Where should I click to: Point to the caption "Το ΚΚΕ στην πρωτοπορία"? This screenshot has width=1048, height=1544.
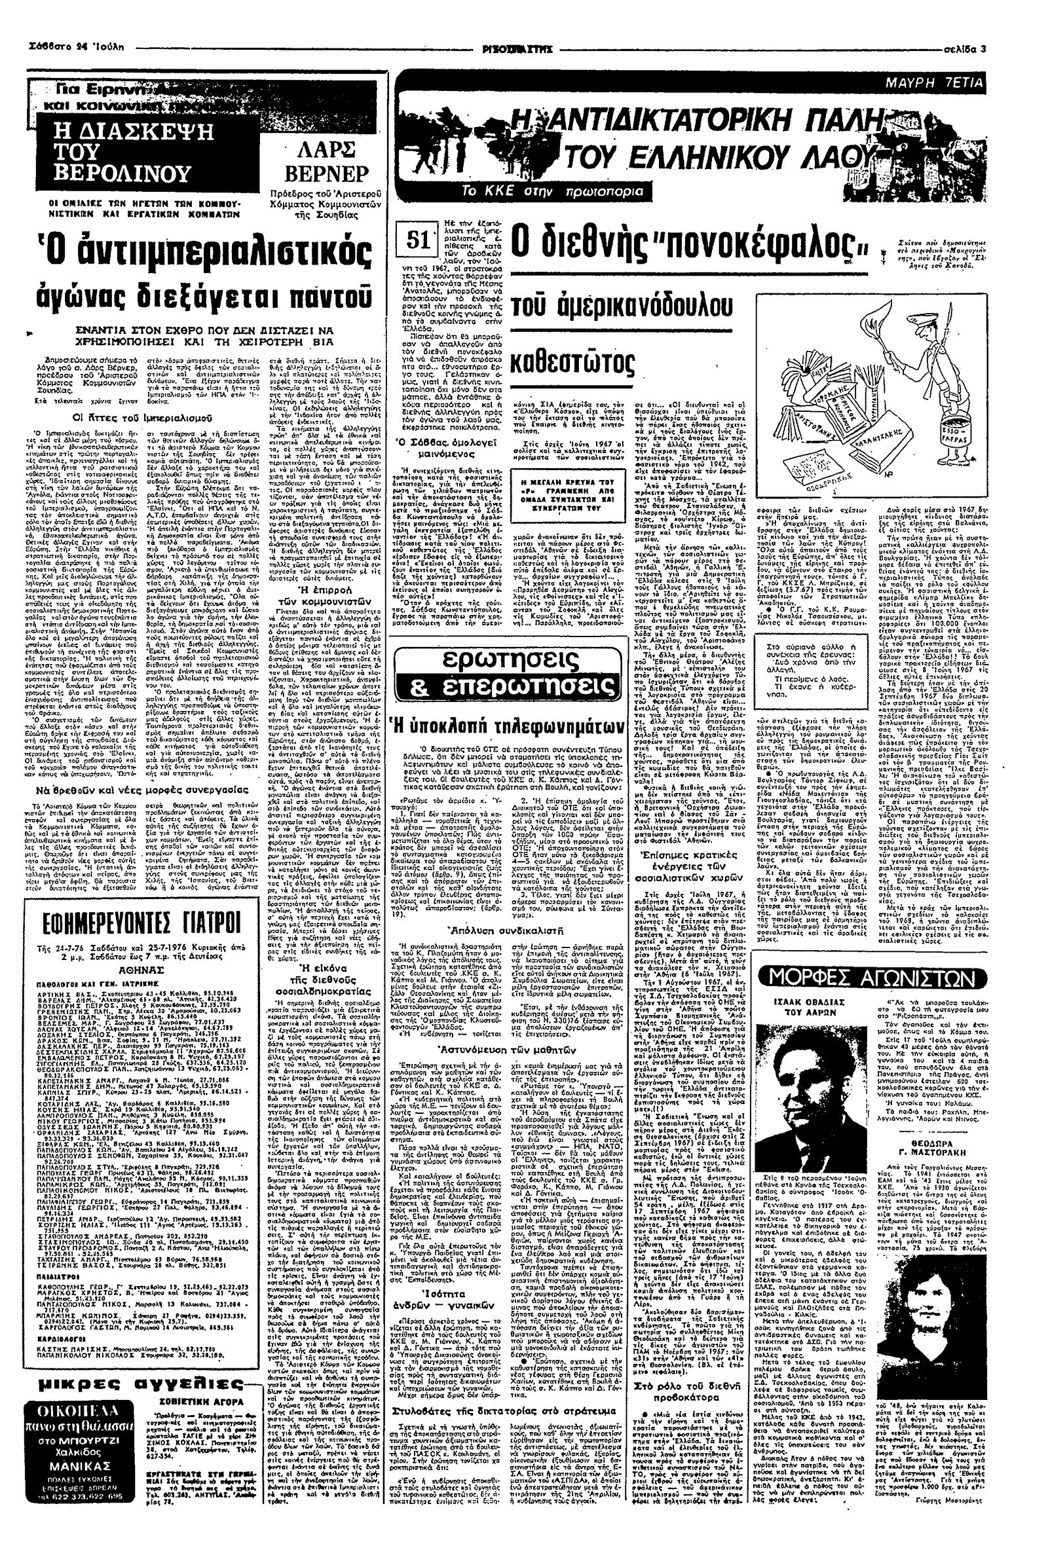pos(555,191)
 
